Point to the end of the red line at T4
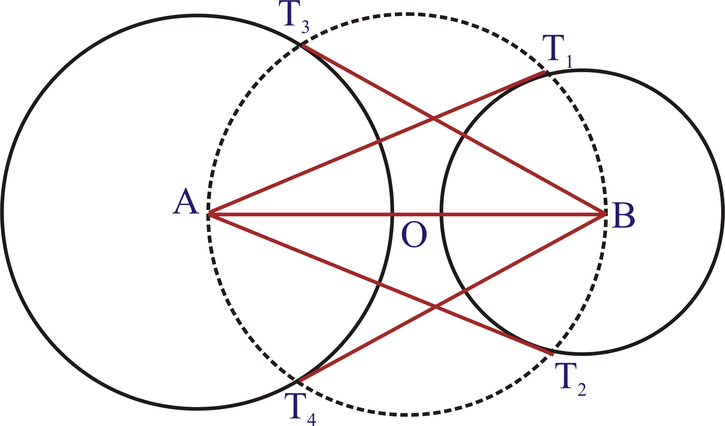click(x=299, y=381)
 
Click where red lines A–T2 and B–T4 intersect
click(x=435, y=307)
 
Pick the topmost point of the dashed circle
click(x=408, y=14)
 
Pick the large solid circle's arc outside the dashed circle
click(x=2, y=211)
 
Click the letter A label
click(x=186, y=201)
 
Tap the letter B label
click(x=624, y=216)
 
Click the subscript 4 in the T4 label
click(x=311, y=419)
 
